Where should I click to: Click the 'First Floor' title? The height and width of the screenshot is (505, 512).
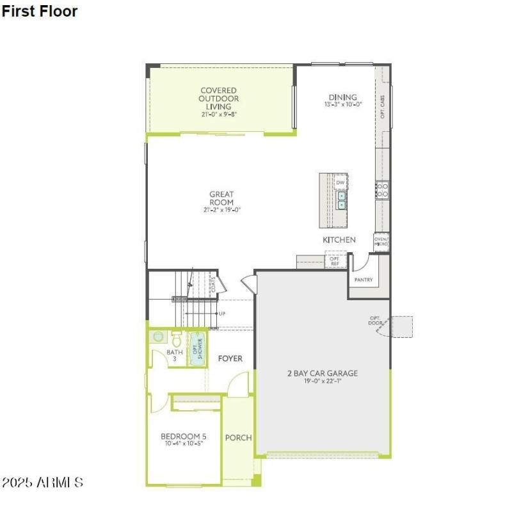coord(40,11)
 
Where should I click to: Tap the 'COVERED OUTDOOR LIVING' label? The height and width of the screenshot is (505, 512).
coord(218,99)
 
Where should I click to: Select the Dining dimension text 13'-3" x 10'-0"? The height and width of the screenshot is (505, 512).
coord(343,104)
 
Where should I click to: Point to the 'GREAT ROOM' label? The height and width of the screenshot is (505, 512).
coord(221,198)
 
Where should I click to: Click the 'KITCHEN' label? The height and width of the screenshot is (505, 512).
coord(339,239)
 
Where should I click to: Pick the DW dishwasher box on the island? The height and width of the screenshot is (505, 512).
coord(340,182)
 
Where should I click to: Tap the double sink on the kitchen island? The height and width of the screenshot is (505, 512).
coord(342,200)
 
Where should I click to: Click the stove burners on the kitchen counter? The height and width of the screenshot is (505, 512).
coord(382,190)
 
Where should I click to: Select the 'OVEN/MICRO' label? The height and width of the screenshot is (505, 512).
coord(381,241)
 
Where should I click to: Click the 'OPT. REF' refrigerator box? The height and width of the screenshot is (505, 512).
coord(335,261)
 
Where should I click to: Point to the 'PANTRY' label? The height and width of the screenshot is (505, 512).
coord(364,280)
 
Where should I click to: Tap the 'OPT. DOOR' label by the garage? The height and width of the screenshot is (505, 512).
coord(375,321)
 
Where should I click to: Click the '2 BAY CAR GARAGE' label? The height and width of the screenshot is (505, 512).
coord(322,373)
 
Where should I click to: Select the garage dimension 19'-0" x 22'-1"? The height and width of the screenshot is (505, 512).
coord(322,381)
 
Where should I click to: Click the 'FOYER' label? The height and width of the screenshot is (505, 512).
coord(230,358)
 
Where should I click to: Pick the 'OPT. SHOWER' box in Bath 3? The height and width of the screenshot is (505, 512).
coord(198,349)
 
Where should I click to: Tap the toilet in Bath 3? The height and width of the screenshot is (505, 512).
coord(176,339)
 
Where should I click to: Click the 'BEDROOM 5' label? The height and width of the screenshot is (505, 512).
coord(183,437)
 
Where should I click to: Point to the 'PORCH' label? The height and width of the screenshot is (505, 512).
coord(238,438)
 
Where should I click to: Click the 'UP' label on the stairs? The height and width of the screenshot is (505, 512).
coord(222,314)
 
